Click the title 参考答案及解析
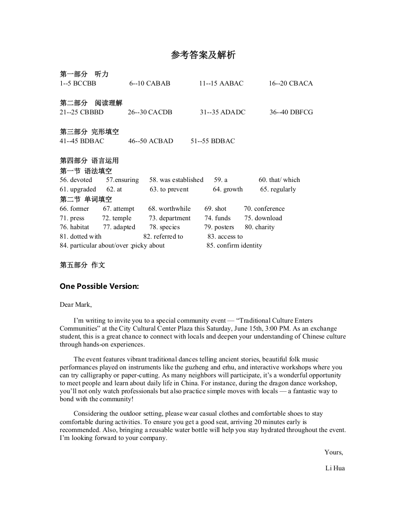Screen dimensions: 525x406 click(x=203, y=55)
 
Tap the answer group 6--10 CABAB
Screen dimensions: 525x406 click(x=150, y=84)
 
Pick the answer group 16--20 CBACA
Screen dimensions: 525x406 click(x=291, y=84)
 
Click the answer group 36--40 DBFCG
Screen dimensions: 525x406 click(x=291, y=112)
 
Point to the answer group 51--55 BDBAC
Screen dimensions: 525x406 click(x=212, y=141)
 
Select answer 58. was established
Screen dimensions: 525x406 click(x=176, y=180)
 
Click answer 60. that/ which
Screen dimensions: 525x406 click(x=279, y=180)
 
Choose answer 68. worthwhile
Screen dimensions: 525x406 click(x=169, y=209)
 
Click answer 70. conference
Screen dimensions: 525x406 click(x=264, y=209)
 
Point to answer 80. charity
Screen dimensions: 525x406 click(x=259, y=227)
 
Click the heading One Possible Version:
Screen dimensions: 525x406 click(x=99, y=286)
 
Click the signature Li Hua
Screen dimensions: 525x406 click(x=335, y=468)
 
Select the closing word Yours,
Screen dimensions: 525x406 click(x=333, y=452)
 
